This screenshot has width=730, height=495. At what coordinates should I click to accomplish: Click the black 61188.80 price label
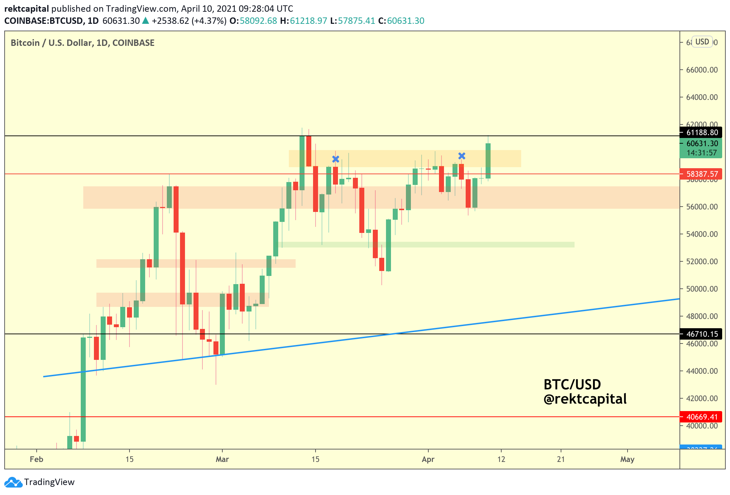pyautogui.click(x=702, y=133)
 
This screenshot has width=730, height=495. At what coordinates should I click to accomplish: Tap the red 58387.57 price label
pyautogui.click(x=702, y=174)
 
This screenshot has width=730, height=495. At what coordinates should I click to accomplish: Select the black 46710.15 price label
pyautogui.click(x=702, y=334)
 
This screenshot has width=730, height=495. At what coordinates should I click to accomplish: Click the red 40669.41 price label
pyautogui.click(x=702, y=417)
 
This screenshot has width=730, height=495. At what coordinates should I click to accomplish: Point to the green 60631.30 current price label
pyautogui.click(x=702, y=144)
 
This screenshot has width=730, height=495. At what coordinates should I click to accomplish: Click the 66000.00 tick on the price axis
pyautogui.click(x=702, y=70)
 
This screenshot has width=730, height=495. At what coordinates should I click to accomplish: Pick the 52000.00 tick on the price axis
pyautogui.click(x=702, y=262)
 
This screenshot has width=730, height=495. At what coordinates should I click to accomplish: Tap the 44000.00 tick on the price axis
pyautogui.click(x=702, y=371)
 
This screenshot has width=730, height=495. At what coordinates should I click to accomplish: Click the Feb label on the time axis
pyautogui.click(x=36, y=459)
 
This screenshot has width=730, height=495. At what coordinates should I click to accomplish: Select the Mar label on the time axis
pyautogui.click(x=222, y=459)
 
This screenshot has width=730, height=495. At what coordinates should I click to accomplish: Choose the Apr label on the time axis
pyautogui.click(x=428, y=459)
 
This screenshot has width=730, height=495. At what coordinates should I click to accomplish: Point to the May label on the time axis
pyautogui.click(x=627, y=459)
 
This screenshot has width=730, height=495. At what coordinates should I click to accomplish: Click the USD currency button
pyautogui.click(x=702, y=42)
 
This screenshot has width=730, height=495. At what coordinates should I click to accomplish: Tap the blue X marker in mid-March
pyautogui.click(x=335, y=159)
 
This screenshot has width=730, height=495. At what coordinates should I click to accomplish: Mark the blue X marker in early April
pyautogui.click(x=462, y=156)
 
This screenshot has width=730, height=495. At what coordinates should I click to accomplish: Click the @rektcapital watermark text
pyautogui.click(x=585, y=399)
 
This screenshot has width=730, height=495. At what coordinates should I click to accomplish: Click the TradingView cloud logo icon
pyautogui.click(x=13, y=483)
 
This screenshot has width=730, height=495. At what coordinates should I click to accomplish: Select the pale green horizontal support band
pyautogui.click(x=427, y=245)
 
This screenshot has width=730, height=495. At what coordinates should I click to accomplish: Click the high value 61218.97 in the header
pyautogui.click(x=308, y=21)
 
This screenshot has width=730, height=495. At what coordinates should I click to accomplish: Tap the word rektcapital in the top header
pyautogui.click(x=27, y=9)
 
